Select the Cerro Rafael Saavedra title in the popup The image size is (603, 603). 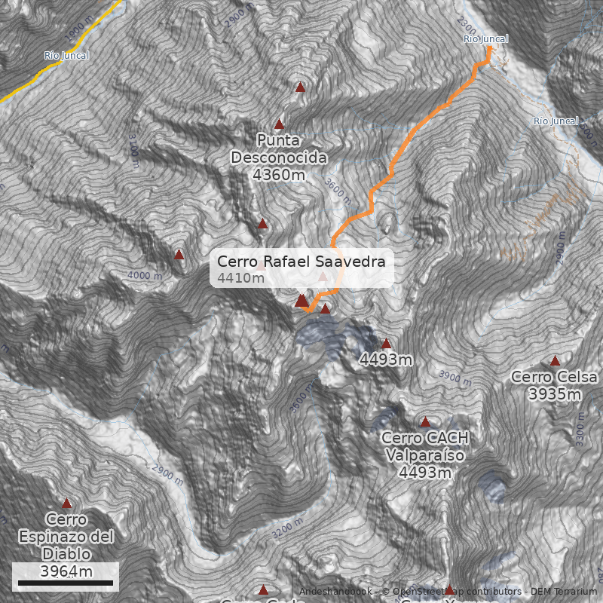tap(301, 262)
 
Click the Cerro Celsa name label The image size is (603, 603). tap(554, 377)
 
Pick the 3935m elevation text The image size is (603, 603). tap(555, 394)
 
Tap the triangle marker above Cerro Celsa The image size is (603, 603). tap(556, 361)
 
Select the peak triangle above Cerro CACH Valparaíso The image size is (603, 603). tap(425, 422)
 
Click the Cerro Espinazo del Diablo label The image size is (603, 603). tap(66, 537)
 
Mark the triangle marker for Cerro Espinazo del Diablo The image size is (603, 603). tap(66, 503)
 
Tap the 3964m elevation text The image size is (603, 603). tap(66, 571)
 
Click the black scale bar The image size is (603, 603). tap(65, 583)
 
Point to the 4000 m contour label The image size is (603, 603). tap(145, 276)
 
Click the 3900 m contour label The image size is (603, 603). tap(455, 376)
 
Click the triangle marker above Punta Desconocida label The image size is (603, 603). tap(280, 124)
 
